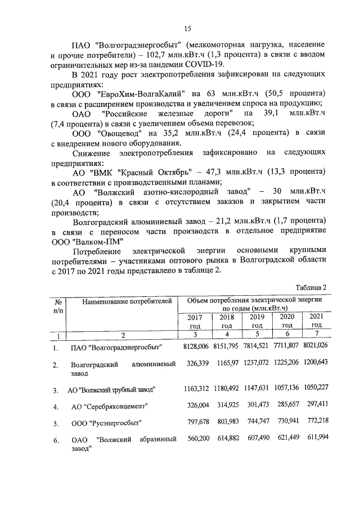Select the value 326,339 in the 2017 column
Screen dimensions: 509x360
coord(196,364)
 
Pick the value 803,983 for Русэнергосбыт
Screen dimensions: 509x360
coord(227,422)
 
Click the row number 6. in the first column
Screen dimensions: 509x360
coord(56,440)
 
